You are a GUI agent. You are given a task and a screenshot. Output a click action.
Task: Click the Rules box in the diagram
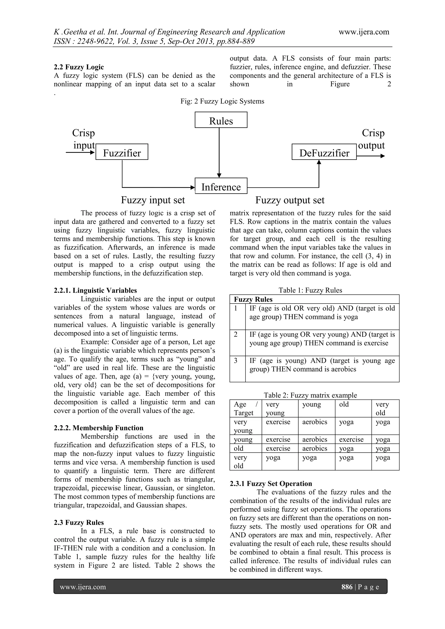tap(221, 120)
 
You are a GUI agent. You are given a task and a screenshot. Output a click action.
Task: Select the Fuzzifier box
tap(122, 152)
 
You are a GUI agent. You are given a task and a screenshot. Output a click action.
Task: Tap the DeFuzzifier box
tap(324, 152)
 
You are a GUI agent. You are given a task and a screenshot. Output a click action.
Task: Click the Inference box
tap(221, 186)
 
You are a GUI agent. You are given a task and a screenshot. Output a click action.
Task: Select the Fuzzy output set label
tap(290, 200)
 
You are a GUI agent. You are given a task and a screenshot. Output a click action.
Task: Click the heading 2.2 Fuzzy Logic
tap(79, 67)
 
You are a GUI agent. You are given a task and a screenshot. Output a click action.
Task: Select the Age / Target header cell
tap(246, 408)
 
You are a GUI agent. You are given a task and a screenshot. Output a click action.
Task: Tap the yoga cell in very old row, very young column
tap(273, 458)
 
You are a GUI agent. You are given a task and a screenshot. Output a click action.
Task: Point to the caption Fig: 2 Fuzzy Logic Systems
tap(222, 101)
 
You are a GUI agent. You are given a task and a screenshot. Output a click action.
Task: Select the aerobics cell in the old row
tap(315, 448)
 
